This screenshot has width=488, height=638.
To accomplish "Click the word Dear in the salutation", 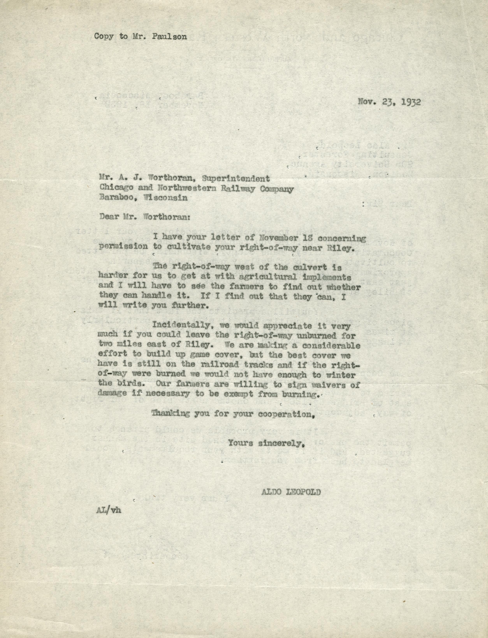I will [x=107, y=217].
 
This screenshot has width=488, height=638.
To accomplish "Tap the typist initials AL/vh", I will [x=109, y=511].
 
